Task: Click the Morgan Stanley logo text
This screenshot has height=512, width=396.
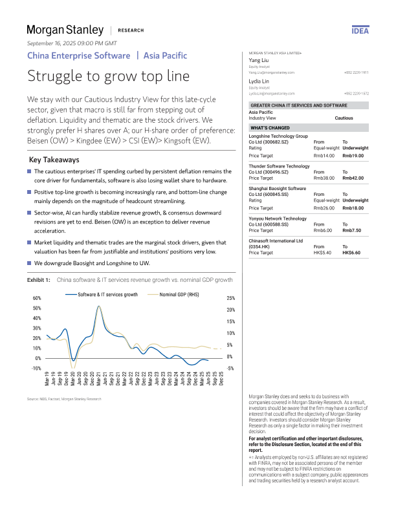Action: (x=65, y=30)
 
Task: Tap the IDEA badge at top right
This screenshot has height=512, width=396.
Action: (x=360, y=30)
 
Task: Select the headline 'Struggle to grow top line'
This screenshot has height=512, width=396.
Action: (x=108, y=76)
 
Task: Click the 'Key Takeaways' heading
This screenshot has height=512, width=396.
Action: (x=54, y=160)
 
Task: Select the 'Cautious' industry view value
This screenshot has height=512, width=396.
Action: (x=344, y=118)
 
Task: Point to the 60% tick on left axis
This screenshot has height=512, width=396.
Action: (x=37, y=298)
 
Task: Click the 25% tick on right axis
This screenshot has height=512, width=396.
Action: (x=230, y=298)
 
